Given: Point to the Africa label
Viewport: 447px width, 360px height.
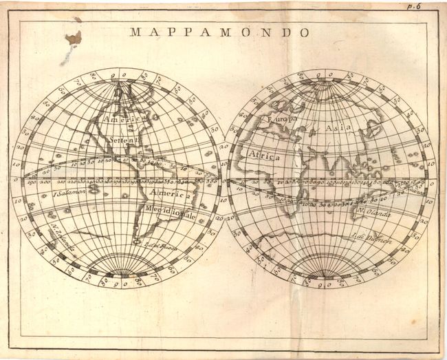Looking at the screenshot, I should point(265,156).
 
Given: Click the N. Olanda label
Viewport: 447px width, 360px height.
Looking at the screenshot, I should point(374,215).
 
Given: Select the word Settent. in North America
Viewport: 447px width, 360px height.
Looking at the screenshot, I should point(124,138).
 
